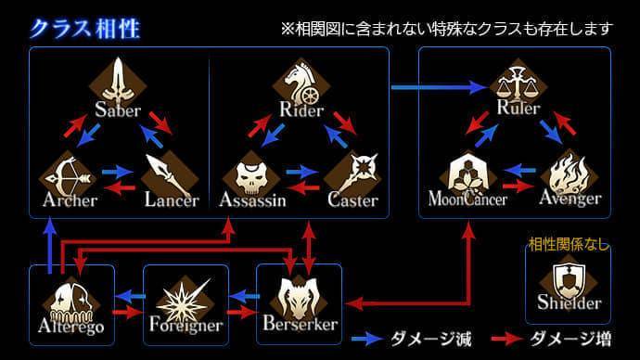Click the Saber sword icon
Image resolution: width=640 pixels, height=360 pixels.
coord(118,83)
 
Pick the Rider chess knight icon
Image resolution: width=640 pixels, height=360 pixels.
coord(301,83)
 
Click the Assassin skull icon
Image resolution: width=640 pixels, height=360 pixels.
coord(250,173)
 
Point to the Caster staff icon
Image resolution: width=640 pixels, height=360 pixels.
coord(353,173)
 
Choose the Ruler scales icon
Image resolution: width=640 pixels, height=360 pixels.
coord(517,83)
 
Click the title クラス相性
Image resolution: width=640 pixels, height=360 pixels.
coord(84,27)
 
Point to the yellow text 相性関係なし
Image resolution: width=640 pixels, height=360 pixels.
coord(568,245)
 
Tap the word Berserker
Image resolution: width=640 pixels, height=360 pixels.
coord(299,325)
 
